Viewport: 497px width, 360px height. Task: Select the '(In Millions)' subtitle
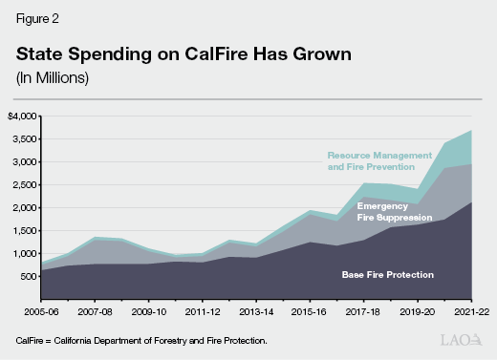pyautogui.click(x=54, y=77)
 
